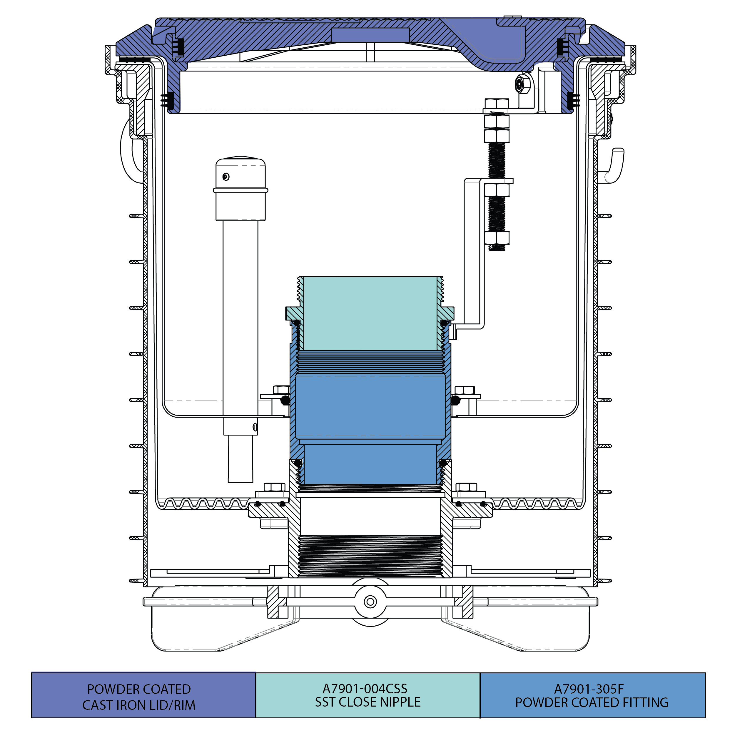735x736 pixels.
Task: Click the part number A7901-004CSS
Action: coord(365,688)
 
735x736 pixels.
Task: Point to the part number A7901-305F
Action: coord(589,689)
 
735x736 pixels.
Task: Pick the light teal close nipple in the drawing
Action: coord(370,313)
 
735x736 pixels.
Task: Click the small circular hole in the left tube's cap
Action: coord(226,177)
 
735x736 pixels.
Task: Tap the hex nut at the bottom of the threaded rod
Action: coord(497,238)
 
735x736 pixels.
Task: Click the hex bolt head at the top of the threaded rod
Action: coord(497,104)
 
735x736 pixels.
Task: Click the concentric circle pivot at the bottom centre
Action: coord(370,602)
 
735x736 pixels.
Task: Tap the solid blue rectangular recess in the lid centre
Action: coord(370,35)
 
